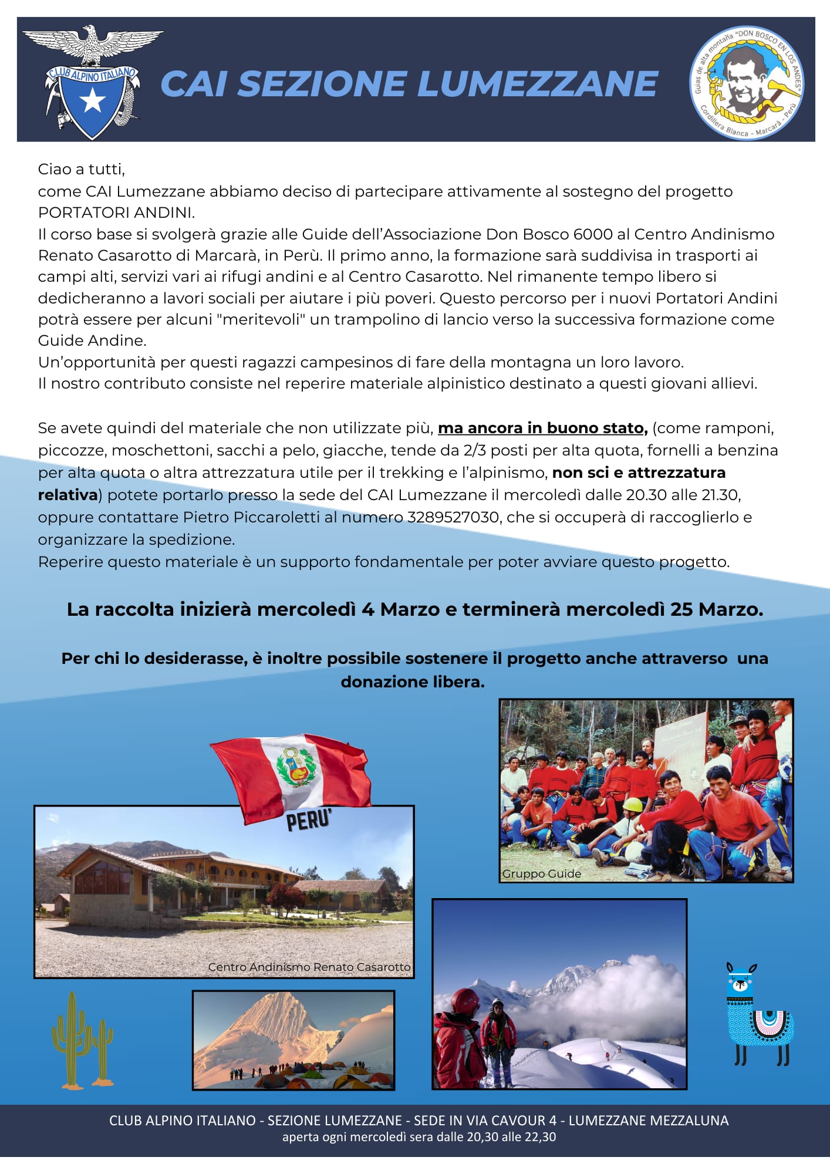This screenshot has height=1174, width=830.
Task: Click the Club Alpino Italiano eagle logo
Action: [92, 82]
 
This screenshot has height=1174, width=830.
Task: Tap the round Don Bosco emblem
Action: [746, 82]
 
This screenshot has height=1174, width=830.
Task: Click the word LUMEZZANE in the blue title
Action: [537, 83]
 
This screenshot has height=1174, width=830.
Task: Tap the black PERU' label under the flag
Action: [309, 820]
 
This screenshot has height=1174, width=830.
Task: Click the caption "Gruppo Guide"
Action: [541, 873]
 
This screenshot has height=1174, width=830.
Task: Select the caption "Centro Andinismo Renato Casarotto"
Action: [309, 967]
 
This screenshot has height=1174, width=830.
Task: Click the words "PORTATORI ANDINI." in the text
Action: [116, 212]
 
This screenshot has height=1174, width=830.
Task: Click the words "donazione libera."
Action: [413, 682]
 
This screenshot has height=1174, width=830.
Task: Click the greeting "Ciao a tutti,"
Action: [82, 169]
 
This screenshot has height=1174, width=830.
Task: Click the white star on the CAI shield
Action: [92, 102]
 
